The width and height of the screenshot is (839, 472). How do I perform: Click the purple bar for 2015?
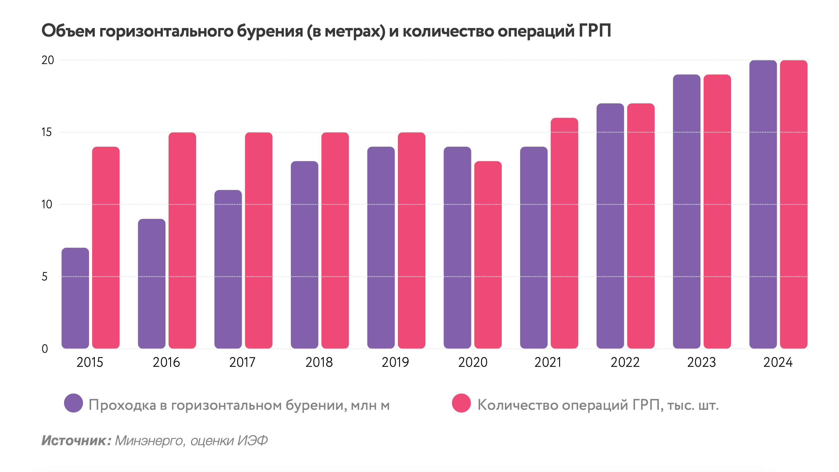click(75, 298)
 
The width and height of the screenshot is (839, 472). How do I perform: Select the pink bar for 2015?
click(106, 248)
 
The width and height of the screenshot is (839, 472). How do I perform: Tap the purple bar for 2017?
click(228, 269)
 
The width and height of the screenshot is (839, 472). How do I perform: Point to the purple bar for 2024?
click(763, 204)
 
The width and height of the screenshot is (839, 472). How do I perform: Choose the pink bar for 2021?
click(564, 233)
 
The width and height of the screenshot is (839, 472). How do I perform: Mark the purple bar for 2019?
click(381, 248)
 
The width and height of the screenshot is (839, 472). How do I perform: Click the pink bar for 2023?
click(717, 211)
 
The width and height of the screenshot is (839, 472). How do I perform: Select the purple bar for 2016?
click(152, 283)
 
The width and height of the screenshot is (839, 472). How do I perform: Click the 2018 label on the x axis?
click(319, 362)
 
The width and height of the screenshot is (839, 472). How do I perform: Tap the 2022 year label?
click(625, 362)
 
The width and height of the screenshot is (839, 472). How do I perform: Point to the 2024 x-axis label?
click(778, 362)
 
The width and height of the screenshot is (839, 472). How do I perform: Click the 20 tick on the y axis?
click(48, 60)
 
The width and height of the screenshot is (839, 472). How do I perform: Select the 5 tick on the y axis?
click(45, 277)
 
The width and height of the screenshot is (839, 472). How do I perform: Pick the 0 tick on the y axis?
click(45, 349)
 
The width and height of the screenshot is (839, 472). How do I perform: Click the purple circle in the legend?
click(73, 403)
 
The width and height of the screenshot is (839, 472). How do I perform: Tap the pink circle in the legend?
click(461, 403)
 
